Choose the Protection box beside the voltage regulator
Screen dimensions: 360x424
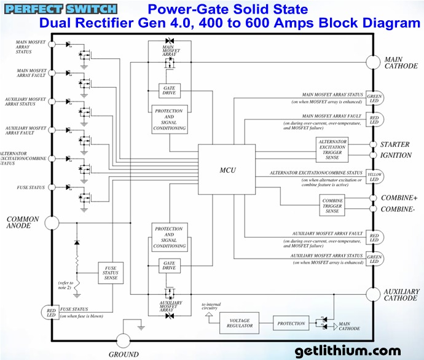pyautogui.click(x=291, y=324)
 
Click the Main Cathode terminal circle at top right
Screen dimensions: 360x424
pyautogui.click(x=373, y=63)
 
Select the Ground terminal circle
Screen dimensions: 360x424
pyautogui.click(x=124, y=341)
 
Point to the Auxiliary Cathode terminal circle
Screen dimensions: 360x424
pyautogui.click(x=373, y=294)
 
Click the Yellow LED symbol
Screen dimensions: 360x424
pyautogui.click(x=373, y=177)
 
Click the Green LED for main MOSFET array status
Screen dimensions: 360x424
pyautogui.click(x=373, y=98)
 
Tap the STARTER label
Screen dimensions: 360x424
pyautogui.click(x=395, y=145)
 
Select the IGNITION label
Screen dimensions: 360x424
pyautogui.click(x=396, y=155)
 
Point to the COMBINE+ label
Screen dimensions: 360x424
pyautogui.click(x=398, y=198)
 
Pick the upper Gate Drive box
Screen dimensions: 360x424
pyautogui.click(x=169, y=91)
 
